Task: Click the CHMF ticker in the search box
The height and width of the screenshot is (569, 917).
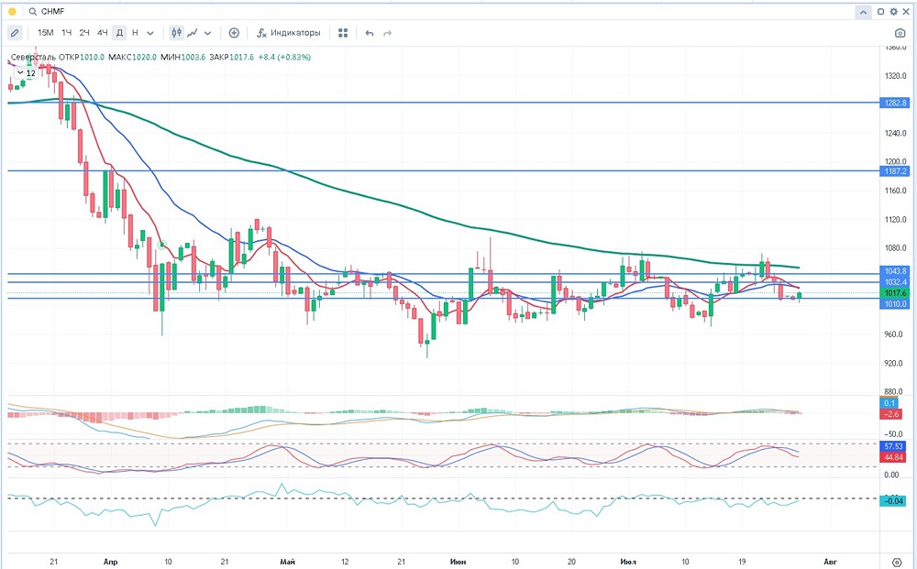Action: tap(53, 12)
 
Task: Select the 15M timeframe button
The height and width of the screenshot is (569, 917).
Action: tap(45, 33)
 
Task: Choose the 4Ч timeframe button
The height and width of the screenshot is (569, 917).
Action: tap(102, 33)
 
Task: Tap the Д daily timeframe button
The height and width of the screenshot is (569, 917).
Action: tap(119, 33)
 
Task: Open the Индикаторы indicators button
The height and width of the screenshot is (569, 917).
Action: tap(289, 33)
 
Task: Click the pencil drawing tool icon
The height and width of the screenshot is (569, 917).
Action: tap(15, 33)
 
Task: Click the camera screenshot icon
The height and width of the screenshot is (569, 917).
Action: tap(900, 33)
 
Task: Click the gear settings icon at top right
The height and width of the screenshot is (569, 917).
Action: tap(892, 12)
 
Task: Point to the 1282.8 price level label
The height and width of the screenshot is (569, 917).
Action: tap(895, 103)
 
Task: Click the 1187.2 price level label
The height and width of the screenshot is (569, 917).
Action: tap(895, 171)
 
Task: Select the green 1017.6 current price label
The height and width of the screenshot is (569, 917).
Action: tap(895, 293)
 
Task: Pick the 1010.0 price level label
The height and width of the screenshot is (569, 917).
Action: tap(895, 303)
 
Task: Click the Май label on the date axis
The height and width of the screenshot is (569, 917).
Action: tap(287, 560)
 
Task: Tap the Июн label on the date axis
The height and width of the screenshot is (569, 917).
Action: tap(458, 560)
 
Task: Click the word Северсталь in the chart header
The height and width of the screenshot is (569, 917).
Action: tap(33, 57)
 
